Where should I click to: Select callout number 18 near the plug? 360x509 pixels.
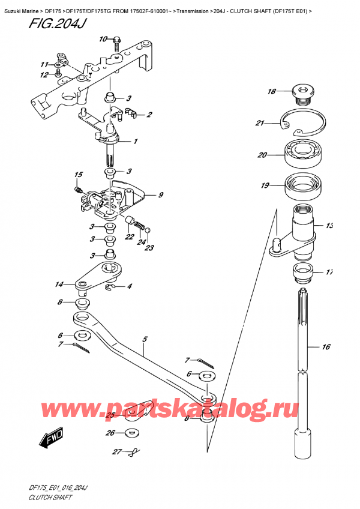[271, 92]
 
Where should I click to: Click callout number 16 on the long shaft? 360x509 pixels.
[326, 347]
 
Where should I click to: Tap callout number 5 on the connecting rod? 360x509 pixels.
[144, 339]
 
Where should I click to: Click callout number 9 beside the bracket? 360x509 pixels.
[161, 194]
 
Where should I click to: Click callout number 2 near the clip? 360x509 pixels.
[149, 115]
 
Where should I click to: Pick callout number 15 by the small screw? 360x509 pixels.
[77, 175]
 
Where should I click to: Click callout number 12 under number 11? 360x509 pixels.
[44, 75]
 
